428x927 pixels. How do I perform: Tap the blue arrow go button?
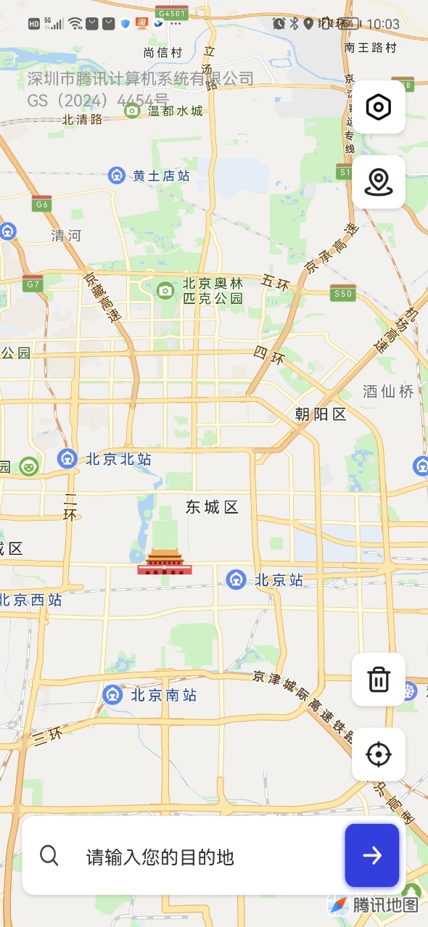pyautogui.click(x=372, y=855)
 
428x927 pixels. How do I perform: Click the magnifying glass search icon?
pyautogui.click(x=49, y=856)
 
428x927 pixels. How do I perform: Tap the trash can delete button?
pyautogui.click(x=379, y=680)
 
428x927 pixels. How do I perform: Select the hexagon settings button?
pyautogui.click(x=379, y=107)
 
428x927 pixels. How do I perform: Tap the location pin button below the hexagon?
pyautogui.click(x=379, y=182)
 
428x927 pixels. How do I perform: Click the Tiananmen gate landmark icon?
pyautogui.click(x=165, y=561)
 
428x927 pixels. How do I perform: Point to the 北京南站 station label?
pyautogui.click(x=163, y=695)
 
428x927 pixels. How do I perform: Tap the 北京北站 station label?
pyautogui.click(x=118, y=458)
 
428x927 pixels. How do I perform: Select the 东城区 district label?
pyautogui.click(x=212, y=507)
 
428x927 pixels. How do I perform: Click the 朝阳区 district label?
pyautogui.click(x=321, y=414)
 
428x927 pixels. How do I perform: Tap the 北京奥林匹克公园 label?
pyautogui.click(x=212, y=290)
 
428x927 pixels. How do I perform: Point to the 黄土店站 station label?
pyautogui.click(x=161, y=176)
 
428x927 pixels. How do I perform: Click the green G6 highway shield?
pyautogui.click(x=42, y=205)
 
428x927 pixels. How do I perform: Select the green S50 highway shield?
pyautogui.click(x=342, y=293)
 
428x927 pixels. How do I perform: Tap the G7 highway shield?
pyautogui.click(x=33, y=284)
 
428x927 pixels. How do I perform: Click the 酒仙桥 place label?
pyautogui.click(x=388, y=392)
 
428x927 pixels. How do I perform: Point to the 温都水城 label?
pyautogui.click(x=175, y=111)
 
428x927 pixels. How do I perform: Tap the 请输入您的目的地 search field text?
pyautogui.click(x=160, y=857)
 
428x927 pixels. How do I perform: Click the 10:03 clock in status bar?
pyautogui.click(x=383, y=24)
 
